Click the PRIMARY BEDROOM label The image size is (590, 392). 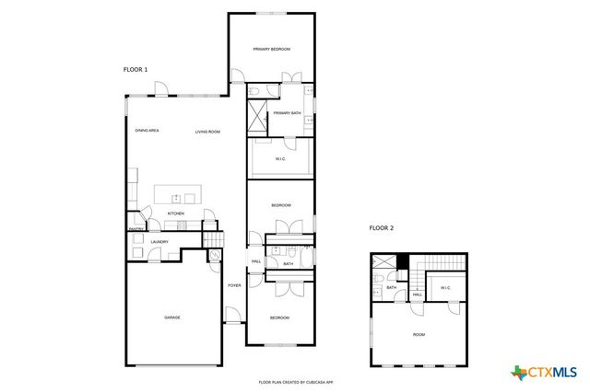[272, 49]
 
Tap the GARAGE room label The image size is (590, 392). [172, 317]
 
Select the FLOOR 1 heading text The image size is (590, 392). [136, 69]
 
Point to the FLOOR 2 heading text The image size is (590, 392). [381, 227]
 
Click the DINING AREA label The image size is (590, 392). [147, 132]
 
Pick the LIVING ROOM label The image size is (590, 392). [207, 132]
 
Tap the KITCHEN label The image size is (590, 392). [176, 213]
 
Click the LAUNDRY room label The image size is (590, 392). [159, 242]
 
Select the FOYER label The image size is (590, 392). [234, 285]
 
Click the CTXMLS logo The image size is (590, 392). [544, 372]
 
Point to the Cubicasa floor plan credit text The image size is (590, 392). [294, 381]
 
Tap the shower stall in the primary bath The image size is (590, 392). [256, 118]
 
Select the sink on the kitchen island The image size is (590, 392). [175, 197]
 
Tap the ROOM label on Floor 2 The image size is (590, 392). [419, 334]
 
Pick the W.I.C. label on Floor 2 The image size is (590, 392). [445, 288]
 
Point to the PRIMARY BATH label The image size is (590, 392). [287, 113]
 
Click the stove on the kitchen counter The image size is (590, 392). [181, 225]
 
